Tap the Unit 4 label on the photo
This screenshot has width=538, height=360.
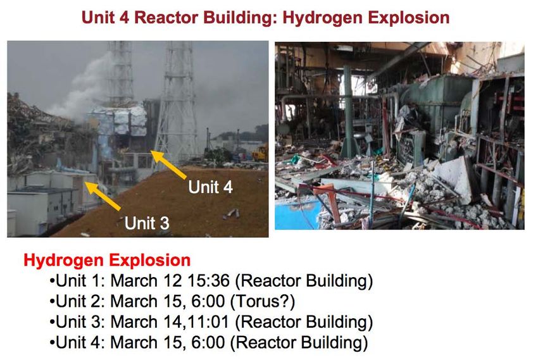[210, 187]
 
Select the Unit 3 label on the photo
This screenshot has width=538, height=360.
[147, 223]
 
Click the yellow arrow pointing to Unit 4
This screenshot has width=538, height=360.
[168, 164]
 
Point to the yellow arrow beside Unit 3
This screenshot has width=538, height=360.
[103, 196]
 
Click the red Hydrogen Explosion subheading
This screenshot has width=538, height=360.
[107, 260]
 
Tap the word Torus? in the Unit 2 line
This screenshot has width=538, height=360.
[263, 302]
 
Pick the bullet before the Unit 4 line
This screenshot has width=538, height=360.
[52, 343]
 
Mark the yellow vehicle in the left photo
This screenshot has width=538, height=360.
[260, 153]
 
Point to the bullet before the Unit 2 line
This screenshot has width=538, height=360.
[52, 302]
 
